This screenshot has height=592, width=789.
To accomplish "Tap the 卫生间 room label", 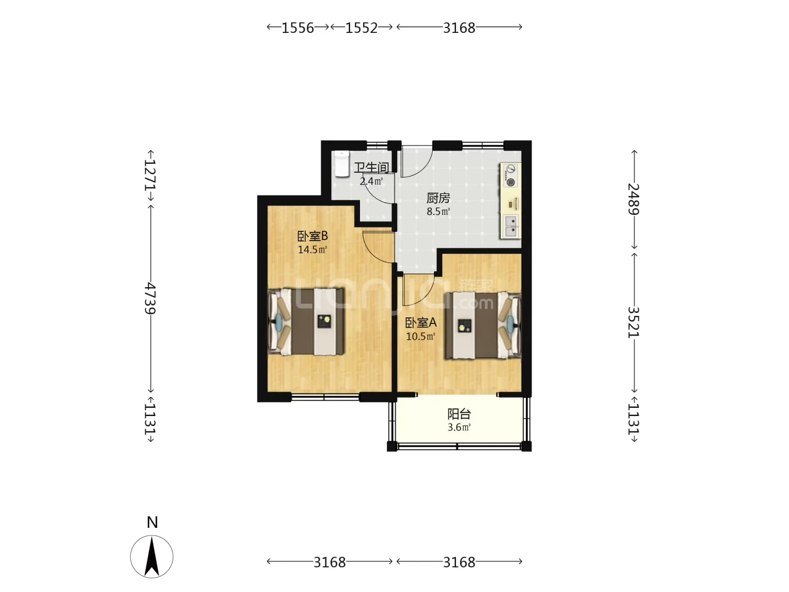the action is (x=371, y=168).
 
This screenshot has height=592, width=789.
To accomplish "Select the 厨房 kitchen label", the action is (x=438, y=198).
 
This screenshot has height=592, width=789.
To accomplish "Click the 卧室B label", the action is (x=312, y=236).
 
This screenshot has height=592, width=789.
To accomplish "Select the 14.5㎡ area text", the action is (x=312, y=249).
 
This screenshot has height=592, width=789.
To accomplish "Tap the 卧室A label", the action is (x=421, y=323).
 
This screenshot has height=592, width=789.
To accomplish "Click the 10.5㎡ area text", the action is (x=421, y=337).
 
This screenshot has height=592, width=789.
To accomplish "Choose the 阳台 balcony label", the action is (x=459, y=414).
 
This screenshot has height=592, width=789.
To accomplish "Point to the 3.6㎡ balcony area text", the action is (x=459, y=428).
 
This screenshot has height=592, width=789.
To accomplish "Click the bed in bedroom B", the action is (x=306, y=321).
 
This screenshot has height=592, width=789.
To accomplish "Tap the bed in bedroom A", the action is (x=483, y=325).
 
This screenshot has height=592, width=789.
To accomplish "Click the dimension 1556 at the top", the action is (x=298, y=27).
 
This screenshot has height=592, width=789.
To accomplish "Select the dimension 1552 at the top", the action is (x=362, y=27).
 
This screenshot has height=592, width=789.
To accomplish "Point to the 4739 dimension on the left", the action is (x=150, y=298).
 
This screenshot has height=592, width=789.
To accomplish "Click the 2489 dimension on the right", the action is (x=634, y=199).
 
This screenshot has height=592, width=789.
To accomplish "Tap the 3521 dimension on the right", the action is (x=634, y=322).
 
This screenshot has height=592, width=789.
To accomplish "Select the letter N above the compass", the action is (x=152, y=522).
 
